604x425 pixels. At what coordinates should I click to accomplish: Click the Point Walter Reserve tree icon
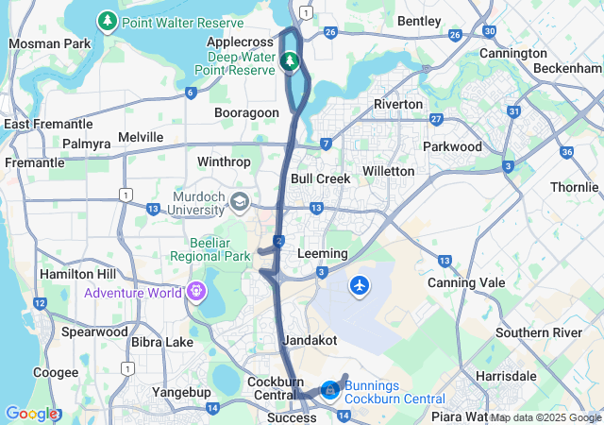[108, 20]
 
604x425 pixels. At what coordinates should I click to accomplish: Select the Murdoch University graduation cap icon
[240, 201]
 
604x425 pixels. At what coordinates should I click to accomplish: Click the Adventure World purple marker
[196, 292]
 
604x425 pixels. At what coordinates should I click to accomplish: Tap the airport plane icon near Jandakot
[360, 283]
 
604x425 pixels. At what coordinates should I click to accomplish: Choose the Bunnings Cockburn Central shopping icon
[329, 388]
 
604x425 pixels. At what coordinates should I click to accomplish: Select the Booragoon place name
[246, 112]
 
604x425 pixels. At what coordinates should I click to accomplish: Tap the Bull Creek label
[321, 178]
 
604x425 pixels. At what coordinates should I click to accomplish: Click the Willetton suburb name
[388, 171]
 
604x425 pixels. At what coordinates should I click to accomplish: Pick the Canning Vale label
[466, 282]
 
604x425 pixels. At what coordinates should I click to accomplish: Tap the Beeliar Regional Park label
[210, 249]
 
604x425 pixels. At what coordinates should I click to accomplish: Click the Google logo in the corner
[32, 414]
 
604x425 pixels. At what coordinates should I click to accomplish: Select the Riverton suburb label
[398, 104]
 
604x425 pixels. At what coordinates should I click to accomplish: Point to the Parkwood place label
[452, 146]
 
